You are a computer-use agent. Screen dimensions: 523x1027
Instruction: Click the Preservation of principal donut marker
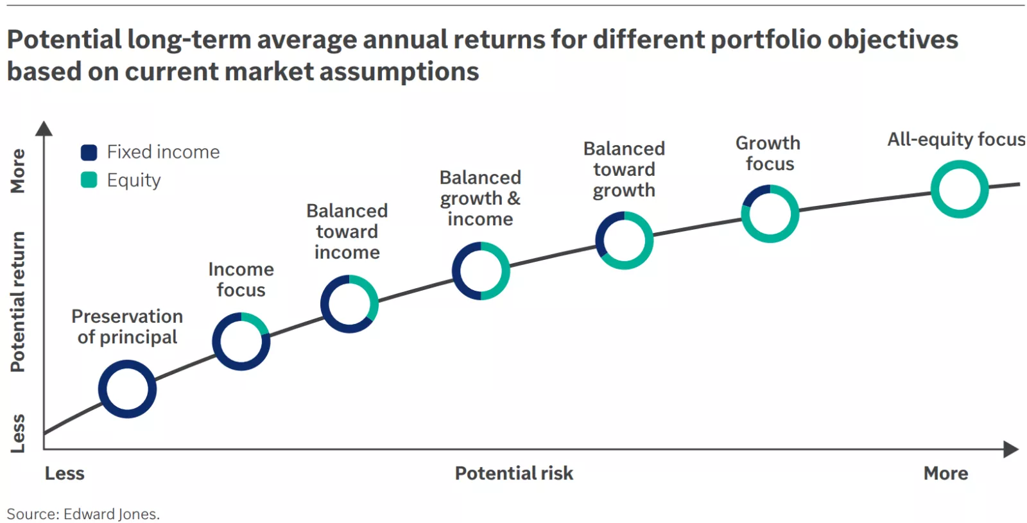coord(127,389)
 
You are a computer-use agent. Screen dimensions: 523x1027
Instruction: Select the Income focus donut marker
coord(241,341)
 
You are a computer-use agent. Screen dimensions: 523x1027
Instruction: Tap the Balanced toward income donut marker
coord(349,304)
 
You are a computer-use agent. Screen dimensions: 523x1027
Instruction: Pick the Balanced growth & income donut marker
coord(481,271)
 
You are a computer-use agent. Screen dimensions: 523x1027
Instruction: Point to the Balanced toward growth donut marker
coord(625,240)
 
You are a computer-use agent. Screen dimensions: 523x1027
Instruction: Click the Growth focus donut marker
coord(770,214)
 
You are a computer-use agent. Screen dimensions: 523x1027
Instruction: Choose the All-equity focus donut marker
coord(960,189)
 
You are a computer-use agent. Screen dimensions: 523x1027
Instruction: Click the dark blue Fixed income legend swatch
coord(89,152)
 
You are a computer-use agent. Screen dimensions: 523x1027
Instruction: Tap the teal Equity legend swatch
coord(89,180)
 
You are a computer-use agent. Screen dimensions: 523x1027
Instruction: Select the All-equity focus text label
coord(956,139)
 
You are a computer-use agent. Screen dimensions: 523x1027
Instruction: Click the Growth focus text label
coord(768,153)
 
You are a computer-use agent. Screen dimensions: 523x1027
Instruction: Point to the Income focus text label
coord(241,280)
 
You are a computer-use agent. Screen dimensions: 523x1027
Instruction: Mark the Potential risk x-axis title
coord(513,474)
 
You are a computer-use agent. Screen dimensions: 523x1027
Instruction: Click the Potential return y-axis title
coord(18,302)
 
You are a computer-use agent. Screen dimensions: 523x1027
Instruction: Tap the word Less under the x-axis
coord(64,474)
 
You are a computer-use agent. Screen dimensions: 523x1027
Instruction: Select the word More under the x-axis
coord(945,474)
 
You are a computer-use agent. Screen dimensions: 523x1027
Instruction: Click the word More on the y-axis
coord(18,171)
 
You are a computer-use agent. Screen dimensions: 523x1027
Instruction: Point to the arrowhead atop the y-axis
coord(44,128)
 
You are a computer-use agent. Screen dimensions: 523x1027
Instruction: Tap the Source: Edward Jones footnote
coord(83,514)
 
